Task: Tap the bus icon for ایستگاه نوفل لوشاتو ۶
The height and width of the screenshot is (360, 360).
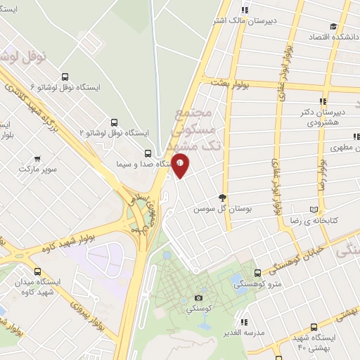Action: tap(65, 77)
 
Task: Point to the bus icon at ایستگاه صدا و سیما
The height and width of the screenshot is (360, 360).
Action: tap(148, 153)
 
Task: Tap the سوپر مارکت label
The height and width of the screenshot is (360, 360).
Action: tap(37, 170)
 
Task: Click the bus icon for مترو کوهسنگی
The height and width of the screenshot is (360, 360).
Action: tap(257, 272)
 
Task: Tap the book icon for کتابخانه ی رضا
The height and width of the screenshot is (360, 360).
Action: tap(314, 210)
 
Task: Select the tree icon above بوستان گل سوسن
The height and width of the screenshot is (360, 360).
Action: tap(222, 198)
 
